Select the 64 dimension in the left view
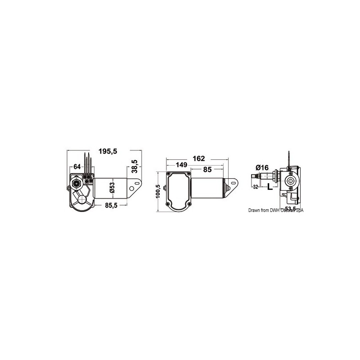click(x=77, y=167)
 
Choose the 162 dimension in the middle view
click(x=198, y=158)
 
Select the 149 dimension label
click(x=182, y=166)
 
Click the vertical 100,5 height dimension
click(x=157, y=192)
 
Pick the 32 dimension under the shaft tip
click(x=255, y=187)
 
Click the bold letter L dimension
click(x=270, y=187)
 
